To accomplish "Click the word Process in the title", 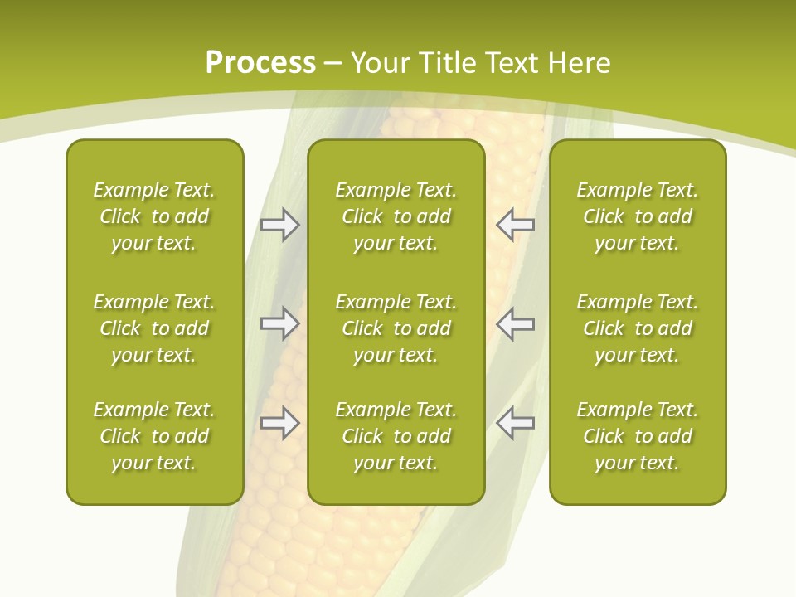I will (260, 63).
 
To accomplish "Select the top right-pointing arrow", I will (279, 225).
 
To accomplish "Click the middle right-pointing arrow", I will (279, 323).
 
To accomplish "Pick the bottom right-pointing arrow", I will (279, 423).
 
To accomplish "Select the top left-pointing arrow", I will (515, 225).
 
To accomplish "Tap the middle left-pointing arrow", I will (515, 323).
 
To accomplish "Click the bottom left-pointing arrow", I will (515, 423).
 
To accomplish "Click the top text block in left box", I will (154, 216).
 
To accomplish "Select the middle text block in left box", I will (154, 328).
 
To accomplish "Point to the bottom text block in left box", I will (154, 436).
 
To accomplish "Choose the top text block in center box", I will (396, 216).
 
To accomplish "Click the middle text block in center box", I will (396, 328).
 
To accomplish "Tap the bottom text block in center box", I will (396, 436).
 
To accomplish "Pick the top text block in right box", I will (637, 216).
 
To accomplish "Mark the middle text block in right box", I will (637, 328).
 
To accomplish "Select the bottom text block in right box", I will (637, 436).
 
